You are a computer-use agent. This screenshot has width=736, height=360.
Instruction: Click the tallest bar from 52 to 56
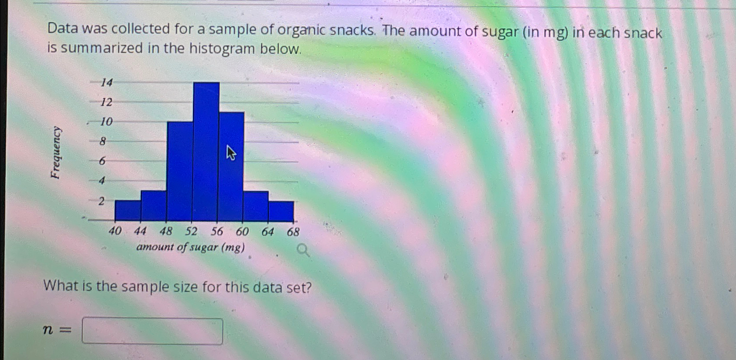point(206,152)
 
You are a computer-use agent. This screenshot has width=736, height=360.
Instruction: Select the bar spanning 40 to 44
point(128,211)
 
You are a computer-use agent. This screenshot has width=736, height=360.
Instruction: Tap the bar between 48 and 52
point(180,171)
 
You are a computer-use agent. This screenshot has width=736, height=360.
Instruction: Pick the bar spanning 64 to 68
point(281,211)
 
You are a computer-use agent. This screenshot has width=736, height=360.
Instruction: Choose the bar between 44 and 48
point(153,206)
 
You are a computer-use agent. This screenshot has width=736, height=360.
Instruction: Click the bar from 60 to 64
point(255,206)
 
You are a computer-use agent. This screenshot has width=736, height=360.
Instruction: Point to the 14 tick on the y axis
point(107,82)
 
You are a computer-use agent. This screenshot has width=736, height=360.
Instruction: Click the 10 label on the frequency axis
point(106,122)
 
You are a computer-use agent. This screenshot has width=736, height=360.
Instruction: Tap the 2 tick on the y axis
point(102,201)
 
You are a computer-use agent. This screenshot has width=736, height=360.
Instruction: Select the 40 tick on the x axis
point(115,231)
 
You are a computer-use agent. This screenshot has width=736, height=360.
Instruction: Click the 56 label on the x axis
point(217,231)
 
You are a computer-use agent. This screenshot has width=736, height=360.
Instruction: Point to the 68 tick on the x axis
point(293,232)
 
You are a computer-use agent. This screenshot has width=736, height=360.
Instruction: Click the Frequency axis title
point(55,152)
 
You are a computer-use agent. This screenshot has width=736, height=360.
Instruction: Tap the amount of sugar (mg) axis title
point(190,247)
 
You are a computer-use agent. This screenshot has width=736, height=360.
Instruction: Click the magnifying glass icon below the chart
point(303,251)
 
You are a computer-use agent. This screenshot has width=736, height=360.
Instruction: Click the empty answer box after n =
point(152,331)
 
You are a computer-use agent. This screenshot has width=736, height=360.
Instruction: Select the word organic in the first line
point(301,30)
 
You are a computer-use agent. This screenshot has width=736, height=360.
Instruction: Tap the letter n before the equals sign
point(48,329)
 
